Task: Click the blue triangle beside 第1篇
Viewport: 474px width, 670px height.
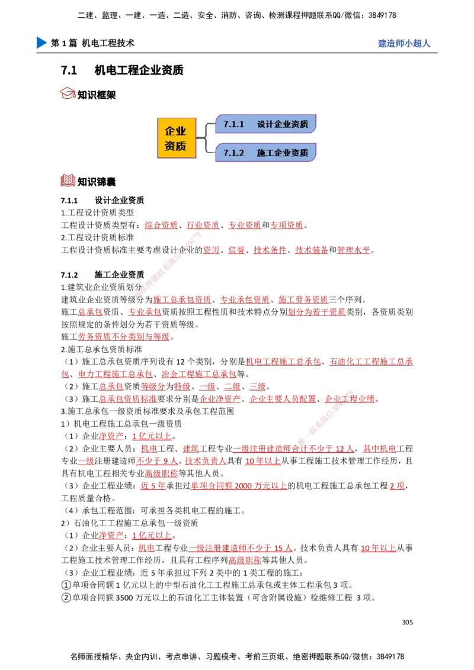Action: [41, 43]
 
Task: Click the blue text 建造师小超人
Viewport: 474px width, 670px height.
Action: [404, 43]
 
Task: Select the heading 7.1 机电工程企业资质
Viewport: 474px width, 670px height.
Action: [122, 70]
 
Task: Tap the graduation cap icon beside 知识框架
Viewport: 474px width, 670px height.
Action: [68, 94]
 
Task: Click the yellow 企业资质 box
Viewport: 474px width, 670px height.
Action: [177, 138]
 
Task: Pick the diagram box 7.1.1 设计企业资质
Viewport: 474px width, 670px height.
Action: [265, 124]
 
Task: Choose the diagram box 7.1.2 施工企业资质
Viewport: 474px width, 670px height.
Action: [265, 153]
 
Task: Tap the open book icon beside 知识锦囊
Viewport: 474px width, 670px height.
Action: [68, 181]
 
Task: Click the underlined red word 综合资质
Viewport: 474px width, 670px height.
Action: [161, 225]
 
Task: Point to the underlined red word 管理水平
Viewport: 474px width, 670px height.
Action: [353, 250]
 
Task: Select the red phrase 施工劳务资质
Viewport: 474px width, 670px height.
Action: [303, 299]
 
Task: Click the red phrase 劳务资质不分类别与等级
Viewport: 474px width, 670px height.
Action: [124, 337]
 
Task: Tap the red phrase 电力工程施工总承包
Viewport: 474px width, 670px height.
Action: [115, 374]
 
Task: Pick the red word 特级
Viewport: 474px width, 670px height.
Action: [182, 386]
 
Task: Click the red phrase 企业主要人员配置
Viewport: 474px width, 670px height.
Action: [283, 399]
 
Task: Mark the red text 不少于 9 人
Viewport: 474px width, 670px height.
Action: [157, 460]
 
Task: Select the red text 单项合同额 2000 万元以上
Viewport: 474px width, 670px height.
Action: [239, 485]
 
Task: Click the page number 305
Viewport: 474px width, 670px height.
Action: [408, 622]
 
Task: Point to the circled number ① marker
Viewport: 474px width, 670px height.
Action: [66, 585]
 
